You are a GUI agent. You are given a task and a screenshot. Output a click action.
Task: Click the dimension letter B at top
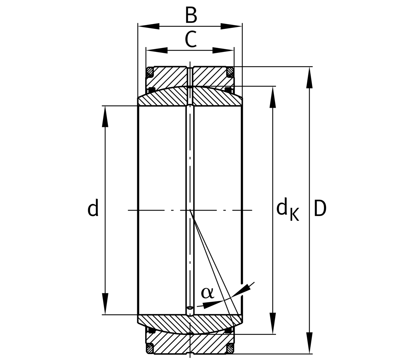click(191, 15)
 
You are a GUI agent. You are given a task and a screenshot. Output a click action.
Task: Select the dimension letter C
click(191, 40)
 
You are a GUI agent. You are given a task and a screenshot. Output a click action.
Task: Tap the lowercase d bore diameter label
click(93, 208)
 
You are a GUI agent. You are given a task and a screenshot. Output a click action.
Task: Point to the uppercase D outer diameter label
click(320, 209)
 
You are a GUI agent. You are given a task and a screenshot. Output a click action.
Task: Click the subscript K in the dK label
click(295, 215)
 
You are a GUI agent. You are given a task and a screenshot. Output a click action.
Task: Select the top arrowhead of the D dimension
click(309, 78)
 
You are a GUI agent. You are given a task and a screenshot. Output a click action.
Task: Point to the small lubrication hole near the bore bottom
click(190, 307)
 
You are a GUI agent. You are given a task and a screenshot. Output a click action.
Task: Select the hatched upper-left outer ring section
click(168, 76)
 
